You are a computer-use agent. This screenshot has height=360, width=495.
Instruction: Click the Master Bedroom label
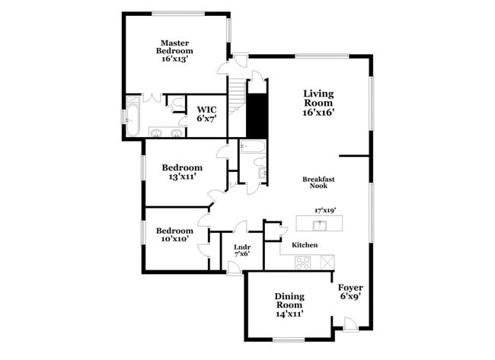coord(174,46)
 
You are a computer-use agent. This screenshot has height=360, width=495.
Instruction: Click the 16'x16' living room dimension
coord(319,112)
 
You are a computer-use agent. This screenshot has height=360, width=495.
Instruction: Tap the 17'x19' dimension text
coord(325,209)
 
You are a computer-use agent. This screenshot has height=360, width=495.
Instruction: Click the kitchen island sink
coord(321,224)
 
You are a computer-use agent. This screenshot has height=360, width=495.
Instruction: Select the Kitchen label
coord(305,245)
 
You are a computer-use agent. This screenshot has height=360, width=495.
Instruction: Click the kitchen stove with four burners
coord(303,262)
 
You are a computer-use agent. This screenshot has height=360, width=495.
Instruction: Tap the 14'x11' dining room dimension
coord(289,313)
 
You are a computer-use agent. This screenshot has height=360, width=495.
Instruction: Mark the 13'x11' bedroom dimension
coord(182,177)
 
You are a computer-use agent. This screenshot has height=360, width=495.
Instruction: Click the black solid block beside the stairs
coord(258,113)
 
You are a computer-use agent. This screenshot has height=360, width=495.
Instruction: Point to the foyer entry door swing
coord(349,324)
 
